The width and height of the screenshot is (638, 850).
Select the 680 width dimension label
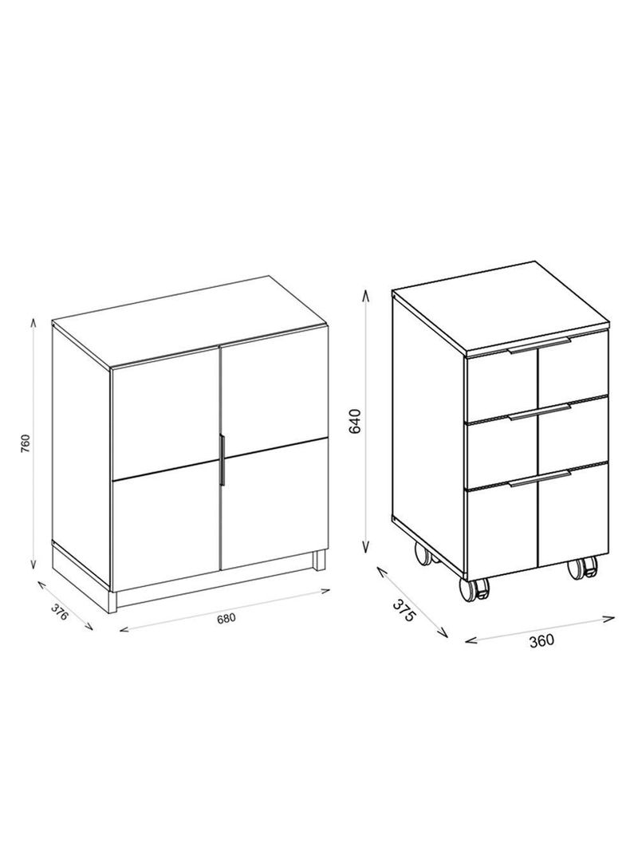[226, 616]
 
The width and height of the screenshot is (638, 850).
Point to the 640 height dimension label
[356, 421]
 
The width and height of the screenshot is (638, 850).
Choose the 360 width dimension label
[541, 639]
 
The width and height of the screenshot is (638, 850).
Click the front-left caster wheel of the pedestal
[479, 589]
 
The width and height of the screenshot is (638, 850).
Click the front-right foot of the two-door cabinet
[320, 560]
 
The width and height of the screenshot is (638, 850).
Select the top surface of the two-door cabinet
[191, 321]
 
